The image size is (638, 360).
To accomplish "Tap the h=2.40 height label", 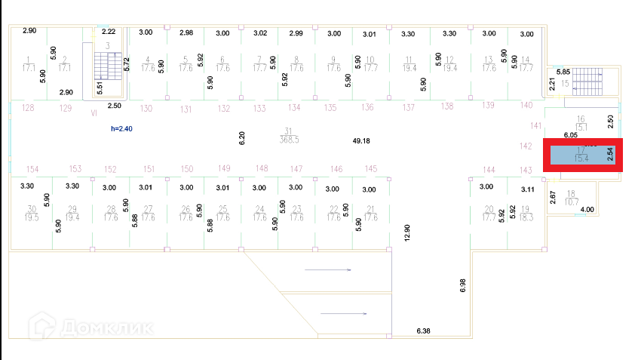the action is tap(121, 129).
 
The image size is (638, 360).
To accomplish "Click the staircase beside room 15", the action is tap(589, 79).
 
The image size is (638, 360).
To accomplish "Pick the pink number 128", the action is tap(29, 109).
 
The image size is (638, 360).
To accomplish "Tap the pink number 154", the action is tap(32, 169).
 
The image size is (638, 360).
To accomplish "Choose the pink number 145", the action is tap(370, 168).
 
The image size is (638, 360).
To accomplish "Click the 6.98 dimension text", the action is tap(463, 285).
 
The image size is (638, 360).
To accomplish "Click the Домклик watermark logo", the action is tap(90, 328).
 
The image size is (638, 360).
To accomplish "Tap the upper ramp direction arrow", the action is tap(328, 269).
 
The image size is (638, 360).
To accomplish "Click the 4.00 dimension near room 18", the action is tap(587, 209).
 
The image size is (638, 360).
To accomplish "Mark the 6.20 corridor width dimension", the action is tap(242, 137).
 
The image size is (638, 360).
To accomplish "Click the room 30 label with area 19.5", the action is tap(32, 212).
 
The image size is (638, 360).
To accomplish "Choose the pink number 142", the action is tap(527, 146).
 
